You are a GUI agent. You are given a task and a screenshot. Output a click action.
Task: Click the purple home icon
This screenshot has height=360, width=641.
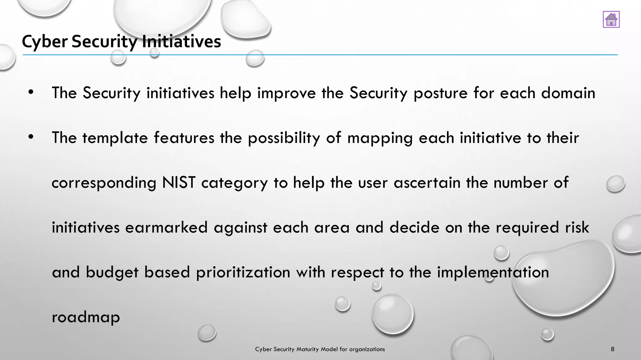click(611, 19)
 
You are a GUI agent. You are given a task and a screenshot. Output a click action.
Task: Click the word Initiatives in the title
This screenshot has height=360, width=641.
click(181, 42)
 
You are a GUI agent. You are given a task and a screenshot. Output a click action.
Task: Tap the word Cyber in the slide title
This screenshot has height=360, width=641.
click(44, 42)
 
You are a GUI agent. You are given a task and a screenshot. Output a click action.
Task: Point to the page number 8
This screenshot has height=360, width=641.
click(613, 349)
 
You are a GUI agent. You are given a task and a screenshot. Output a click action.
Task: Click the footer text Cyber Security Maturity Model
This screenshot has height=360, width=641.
click(320, 349)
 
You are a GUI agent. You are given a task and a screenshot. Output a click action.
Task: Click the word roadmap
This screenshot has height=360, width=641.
click(86, 317)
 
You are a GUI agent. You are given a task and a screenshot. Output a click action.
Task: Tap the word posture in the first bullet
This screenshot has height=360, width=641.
click(440, 93)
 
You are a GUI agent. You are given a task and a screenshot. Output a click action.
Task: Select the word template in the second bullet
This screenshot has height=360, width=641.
click(115, 138)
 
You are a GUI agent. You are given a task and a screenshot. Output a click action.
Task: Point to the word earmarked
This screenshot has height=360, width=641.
click(167, 227)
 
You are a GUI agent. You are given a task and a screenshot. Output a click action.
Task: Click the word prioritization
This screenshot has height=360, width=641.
click(243, 272)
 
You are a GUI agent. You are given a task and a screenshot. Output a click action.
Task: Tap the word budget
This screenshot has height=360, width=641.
click(112, 272)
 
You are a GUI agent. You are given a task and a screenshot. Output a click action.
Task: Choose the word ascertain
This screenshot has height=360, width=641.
click(427, 182)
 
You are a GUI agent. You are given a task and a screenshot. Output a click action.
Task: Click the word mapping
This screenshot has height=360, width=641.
click(380, 138)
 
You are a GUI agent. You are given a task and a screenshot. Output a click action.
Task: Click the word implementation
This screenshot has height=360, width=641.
click(493, 272)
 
